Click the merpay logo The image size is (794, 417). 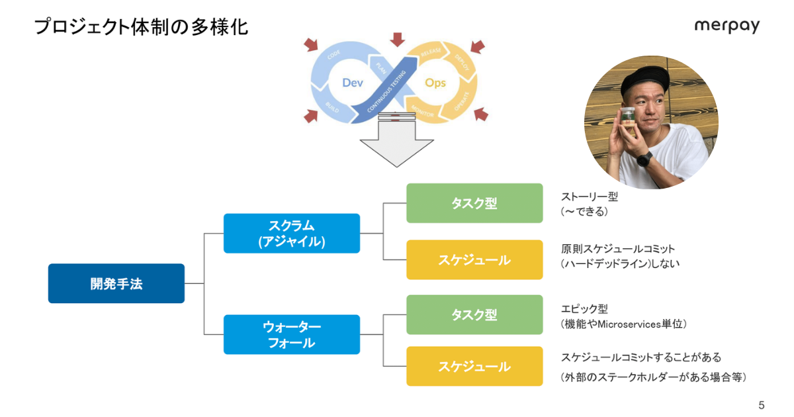727,26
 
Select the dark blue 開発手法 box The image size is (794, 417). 116,283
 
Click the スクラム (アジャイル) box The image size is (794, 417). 292,233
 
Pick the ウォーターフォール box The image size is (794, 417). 292,334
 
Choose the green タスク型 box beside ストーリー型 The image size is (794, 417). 474,203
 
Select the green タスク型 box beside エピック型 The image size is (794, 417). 474,314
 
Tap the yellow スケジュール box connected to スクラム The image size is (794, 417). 474,259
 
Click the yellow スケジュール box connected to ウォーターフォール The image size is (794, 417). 474,366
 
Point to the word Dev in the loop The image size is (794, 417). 353,83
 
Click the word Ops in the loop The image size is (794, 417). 435,83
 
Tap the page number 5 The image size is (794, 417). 761,404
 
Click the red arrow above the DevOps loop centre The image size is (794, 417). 397,39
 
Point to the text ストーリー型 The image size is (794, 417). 589,197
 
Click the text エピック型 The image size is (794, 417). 584,308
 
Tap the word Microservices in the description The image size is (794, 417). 625,324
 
